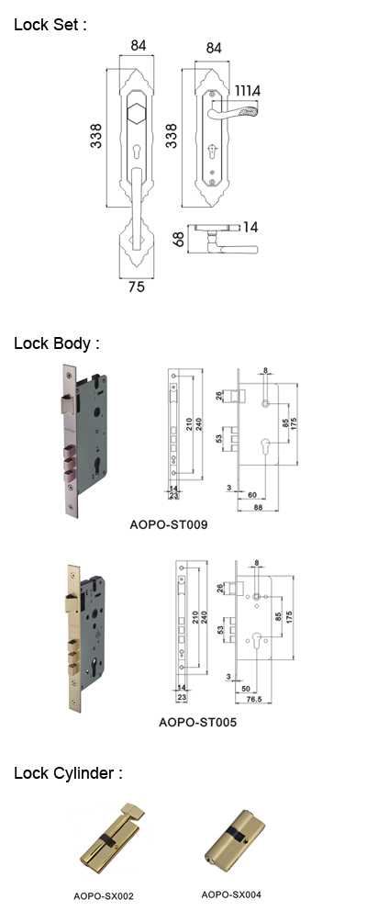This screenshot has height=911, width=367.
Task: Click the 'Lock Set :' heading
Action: (x=50, y=25)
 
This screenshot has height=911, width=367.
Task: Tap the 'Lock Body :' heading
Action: (x=57, y=343)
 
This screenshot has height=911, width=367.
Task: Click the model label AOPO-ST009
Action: (x=169, y=525)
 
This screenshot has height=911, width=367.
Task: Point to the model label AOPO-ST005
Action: (x=198, y=723)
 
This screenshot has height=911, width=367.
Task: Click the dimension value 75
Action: (x=136, y=287)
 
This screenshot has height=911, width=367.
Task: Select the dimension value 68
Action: (x=180, y=239)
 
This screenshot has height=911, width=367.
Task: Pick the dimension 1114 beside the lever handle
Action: (x=247, y=90)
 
